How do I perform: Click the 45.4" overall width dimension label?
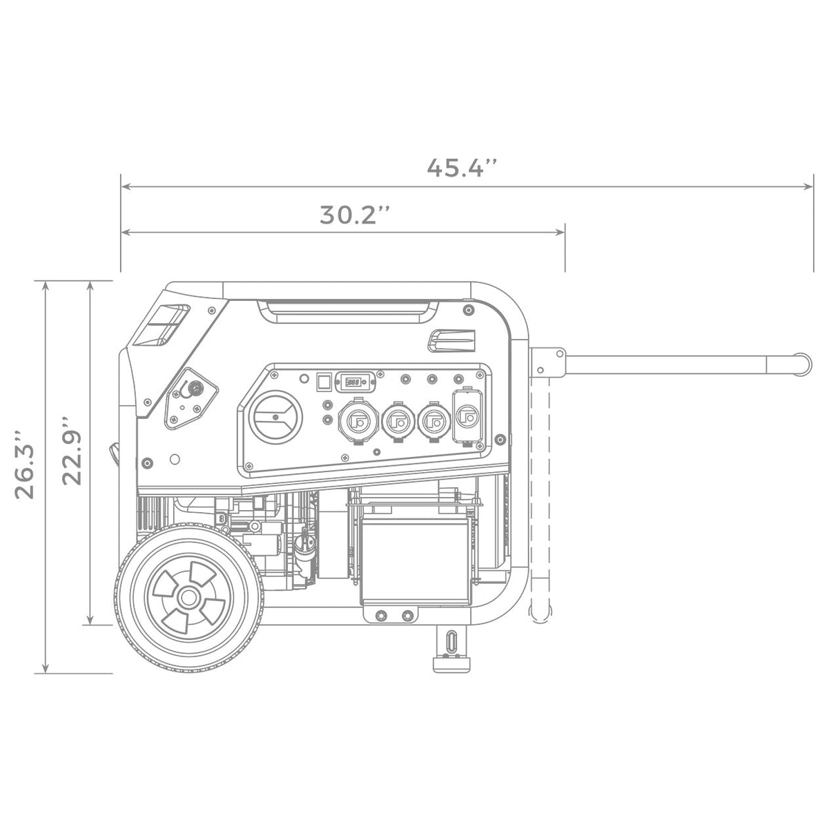pos(462,168)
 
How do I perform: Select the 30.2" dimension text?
pos(355,215)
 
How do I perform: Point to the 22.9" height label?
pos(72,451)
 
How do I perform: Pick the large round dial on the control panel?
pos(275,418)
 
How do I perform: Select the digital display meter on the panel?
pos(352,380)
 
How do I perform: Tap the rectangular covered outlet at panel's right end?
pos(467,418)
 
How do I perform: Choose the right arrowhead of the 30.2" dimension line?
pos(562,233)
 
